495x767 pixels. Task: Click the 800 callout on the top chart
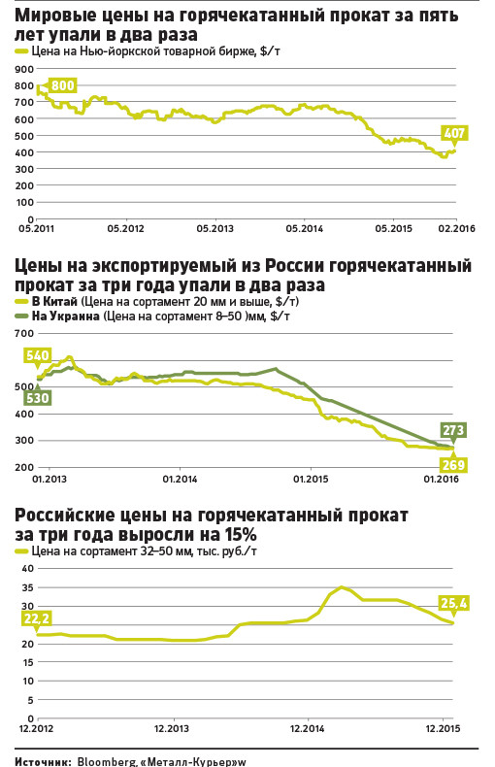[x=63, y=85]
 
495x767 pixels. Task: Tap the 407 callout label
[x=454, y=133]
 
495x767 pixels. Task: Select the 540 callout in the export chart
[x=38, y=355]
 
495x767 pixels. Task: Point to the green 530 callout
[x=38, y=398]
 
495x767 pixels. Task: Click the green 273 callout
[x=453, y=430]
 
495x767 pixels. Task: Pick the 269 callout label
[x=453, y=465]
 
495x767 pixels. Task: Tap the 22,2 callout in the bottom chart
[x=37, y=618]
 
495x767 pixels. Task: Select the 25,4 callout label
[x=454, y=604]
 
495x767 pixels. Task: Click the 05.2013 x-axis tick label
[x=214, y=228]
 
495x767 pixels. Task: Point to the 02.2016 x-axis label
[x=456, y=228]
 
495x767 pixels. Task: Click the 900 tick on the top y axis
[x=24, y=70]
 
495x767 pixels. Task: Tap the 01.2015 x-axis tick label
[x=311, y=479]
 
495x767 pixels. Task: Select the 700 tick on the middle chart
[x=24, y=334]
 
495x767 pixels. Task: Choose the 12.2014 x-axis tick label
[x=307, y=728]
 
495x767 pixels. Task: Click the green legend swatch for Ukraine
[x=22, y=317]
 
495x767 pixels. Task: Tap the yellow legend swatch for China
[x=22, y=302]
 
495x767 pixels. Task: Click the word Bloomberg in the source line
[x=105, y=761]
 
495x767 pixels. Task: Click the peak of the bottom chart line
[x=342, y=587]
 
